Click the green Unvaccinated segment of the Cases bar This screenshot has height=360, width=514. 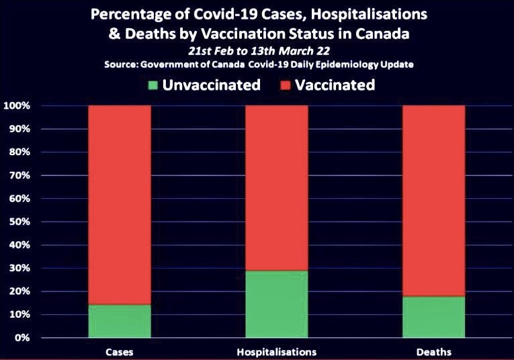click(120, 321)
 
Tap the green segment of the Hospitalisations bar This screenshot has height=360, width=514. click(277, 304)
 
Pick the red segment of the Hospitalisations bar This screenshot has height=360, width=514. click(277, 188)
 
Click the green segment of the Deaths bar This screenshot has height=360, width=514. click(433, 316)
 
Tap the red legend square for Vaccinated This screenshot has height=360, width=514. click(284, 85)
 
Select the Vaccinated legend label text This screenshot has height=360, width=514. click(335, 85)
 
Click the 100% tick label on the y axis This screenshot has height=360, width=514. click(16, 106)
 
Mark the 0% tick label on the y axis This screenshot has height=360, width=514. click(22, 338)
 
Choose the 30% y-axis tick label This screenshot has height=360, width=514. click(19, 268)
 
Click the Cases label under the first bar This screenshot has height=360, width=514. click(119, 351)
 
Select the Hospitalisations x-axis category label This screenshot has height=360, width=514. click(277, 351)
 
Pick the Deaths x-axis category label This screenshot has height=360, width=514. click(433, 351)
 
